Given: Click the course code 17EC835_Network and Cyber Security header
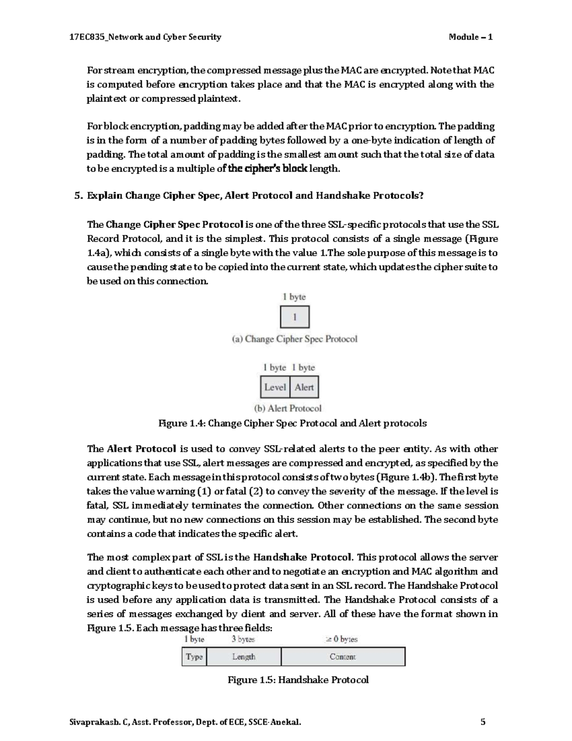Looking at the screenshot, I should tap(145, 37).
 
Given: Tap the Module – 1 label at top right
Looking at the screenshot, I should tap(470, 37).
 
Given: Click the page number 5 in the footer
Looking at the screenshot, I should tap(483, 722).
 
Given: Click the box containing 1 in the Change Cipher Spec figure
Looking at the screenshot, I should tap(295, 317).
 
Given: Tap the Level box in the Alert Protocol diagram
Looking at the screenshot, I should tap(275, 387).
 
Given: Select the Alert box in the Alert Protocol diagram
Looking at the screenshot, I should tap(304, 387).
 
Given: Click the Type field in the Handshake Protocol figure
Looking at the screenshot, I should tap(194, 657).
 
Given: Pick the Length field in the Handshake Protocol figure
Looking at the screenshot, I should tap(244, 657).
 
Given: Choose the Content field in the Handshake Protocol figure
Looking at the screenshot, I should tap(343, 657).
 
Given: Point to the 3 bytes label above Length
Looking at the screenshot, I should tap(243, 639).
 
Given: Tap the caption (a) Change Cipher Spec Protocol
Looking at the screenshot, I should tap(294, 339).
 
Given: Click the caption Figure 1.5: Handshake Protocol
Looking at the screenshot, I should tap(298, 680).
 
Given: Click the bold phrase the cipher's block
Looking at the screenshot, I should tap(268, 168).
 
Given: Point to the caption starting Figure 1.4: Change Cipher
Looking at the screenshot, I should tap(292, 423).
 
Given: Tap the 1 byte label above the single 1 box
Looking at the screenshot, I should tap(294, 297).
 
